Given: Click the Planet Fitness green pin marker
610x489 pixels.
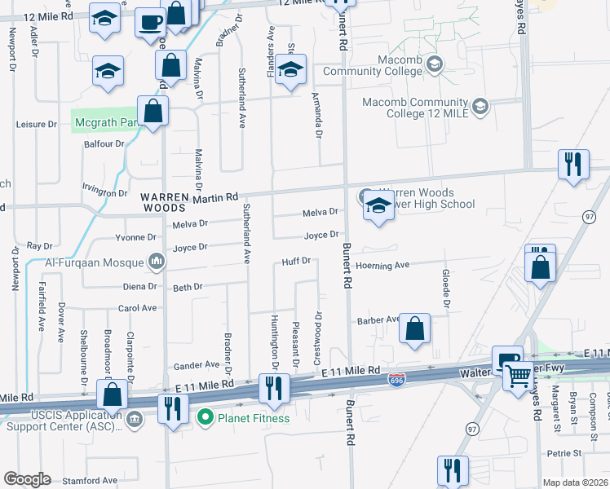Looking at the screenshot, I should pyautogui.click(x=205, y=418).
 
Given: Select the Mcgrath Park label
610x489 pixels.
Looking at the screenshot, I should pyautogui.click(x=103, y=123).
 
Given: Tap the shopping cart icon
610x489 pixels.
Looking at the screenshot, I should pyautogui.click(x=517, y=376).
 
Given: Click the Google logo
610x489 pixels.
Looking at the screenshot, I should pyautogui.click(x=27, y=479).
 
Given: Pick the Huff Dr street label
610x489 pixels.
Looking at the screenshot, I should pyautogui.click(x=296, y=261).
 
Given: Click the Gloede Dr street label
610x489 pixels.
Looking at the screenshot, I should pyautogui.click(x=446, y=289).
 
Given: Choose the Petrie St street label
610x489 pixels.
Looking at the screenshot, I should pyautogui.click(x=564, y=452).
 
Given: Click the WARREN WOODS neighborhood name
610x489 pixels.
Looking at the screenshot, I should pyautogui.click(x=165, y=202).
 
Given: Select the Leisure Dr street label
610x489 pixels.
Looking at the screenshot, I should pyautogui.click(x=36, y=125).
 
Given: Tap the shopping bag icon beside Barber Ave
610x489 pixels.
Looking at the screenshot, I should pyautogui.click(x=415, y=330).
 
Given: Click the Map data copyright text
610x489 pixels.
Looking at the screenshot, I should pyautogui.click(x=574, y=482).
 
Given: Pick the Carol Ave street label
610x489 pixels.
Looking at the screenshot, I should pyautogui.click(x=137, y=308).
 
